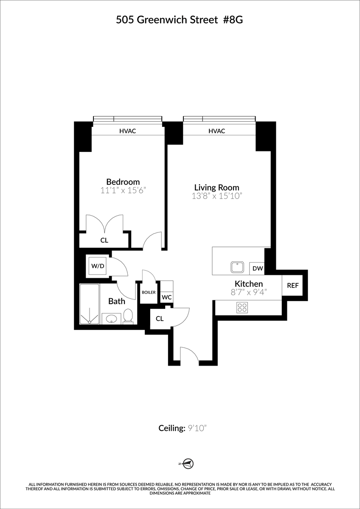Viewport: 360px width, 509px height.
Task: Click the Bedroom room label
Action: [x=123, y=182]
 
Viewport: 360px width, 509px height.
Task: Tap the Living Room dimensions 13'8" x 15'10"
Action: [x=217, y=196]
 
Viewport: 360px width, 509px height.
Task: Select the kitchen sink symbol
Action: [x=237, y=267]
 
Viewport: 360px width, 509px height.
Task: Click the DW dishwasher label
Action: [x=257, y=268]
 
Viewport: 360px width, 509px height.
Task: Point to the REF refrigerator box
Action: [x=292, y=285]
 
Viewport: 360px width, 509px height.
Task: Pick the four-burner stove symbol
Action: [x=242, y=308]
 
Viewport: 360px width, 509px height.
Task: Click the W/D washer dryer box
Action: [x=97, y=266]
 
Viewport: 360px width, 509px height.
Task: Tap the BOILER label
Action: [x=149, y=293]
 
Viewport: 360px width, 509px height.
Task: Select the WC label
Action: [x=167, y=297]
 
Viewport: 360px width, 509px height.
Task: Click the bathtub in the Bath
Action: [x=90, y=304]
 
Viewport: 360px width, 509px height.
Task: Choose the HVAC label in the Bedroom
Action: [x=127, y=131]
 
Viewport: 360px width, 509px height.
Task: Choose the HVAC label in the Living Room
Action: [x=217, y=131]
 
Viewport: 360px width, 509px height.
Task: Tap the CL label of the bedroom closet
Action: [x=104, y=241]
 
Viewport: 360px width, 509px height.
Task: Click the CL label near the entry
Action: [x=160, y=319]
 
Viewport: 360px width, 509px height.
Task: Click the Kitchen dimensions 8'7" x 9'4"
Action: [x=249, y=292]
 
